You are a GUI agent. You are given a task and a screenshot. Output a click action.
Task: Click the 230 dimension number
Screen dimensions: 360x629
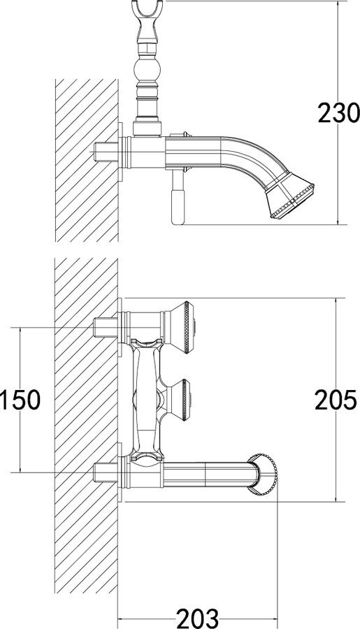[338, 113]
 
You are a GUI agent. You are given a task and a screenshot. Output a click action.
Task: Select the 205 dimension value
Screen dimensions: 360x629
[336, 400]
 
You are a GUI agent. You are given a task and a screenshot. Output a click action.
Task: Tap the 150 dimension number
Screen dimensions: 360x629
[20, 400]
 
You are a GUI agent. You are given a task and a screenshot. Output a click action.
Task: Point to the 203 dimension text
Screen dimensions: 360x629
[198, 619]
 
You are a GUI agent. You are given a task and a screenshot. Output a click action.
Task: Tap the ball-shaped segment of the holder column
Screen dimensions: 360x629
[146, 69]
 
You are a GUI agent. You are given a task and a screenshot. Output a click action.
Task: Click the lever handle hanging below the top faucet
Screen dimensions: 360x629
[178, 196]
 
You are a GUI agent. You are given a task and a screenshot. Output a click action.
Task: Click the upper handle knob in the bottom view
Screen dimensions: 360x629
[180, 327]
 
